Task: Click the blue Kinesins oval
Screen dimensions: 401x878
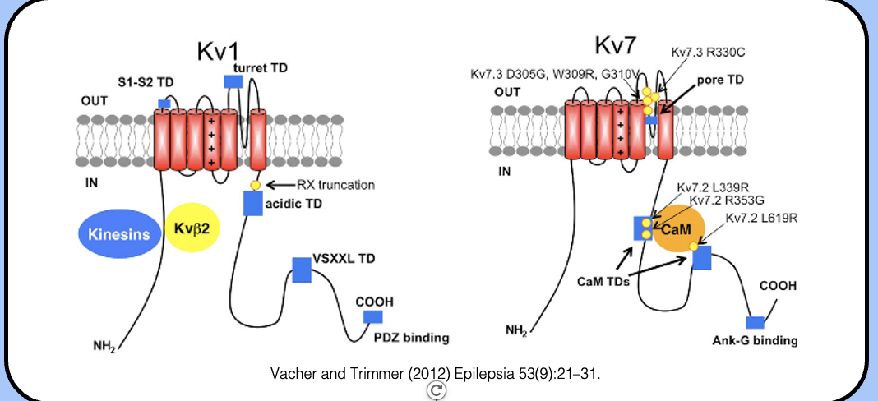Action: coord(119,234)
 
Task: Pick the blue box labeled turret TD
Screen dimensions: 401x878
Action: coord(233,81)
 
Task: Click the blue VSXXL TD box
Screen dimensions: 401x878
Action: coord(302,270)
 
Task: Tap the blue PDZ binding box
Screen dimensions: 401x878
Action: coord(373,317)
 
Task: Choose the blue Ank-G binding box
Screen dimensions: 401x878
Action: coord(755,322)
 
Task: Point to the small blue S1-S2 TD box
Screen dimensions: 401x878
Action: coord(164,103)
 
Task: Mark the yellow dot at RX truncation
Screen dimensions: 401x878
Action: coord(256,185)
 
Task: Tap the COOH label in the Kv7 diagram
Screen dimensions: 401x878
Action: coord(778,285)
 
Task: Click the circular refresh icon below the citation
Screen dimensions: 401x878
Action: coord(437,391)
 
